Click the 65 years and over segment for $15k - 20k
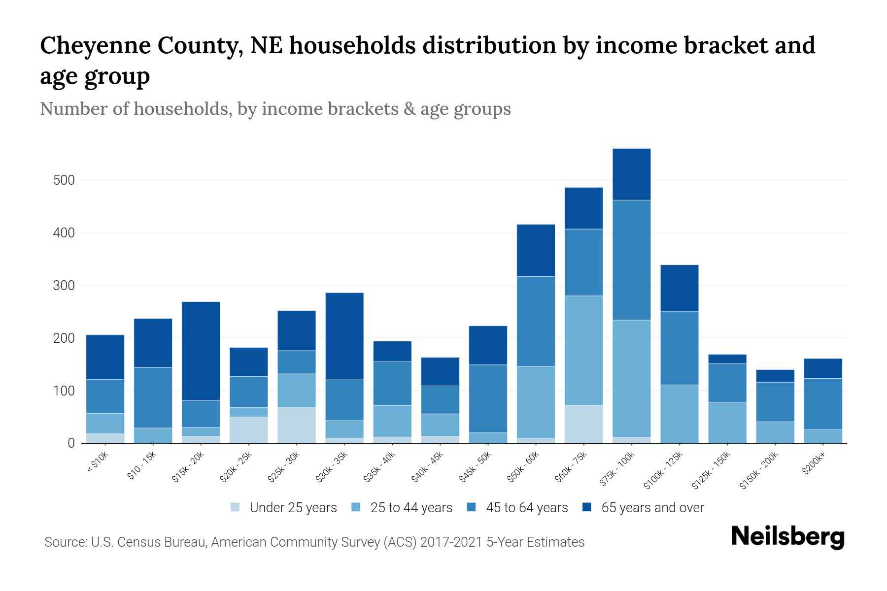tap(201, 351)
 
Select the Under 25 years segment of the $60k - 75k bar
tap(583, 424)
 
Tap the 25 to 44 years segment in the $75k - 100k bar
tap(631, 378)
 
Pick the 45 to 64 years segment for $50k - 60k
tap(536, 321)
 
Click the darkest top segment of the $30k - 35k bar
tap(344, 335)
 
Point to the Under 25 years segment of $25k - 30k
tap(297, 425)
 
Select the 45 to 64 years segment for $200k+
tap(823, 404)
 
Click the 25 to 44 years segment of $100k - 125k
tap(679, 414)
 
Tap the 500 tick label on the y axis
tap(64, 180)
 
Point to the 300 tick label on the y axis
tap(64, 286)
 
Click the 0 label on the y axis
tap(71, 443)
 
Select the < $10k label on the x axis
tap(98, 462)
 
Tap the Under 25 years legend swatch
tap(236, 507)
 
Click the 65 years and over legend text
tap(652, 508)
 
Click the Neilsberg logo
tap(787, 537)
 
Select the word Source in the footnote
tap(65, 542)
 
